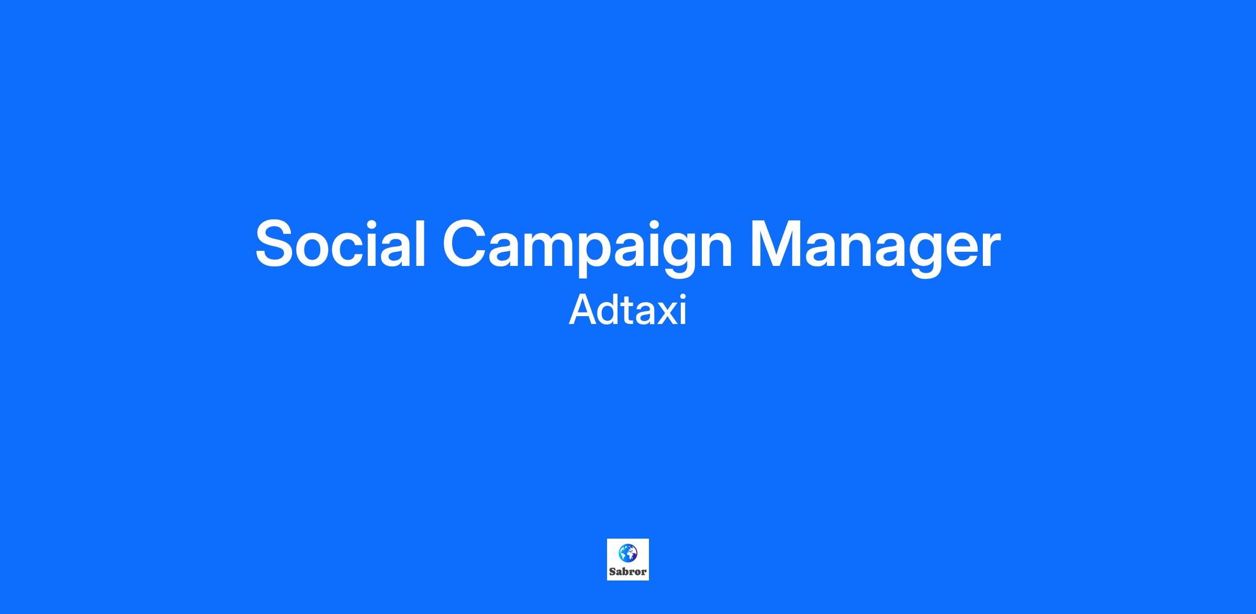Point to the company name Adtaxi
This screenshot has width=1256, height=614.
tap(627, 310)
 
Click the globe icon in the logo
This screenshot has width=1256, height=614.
tap(627, 553)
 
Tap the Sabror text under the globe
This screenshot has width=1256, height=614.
tap(628, 572)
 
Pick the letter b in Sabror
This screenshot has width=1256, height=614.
tap(625, 572)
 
